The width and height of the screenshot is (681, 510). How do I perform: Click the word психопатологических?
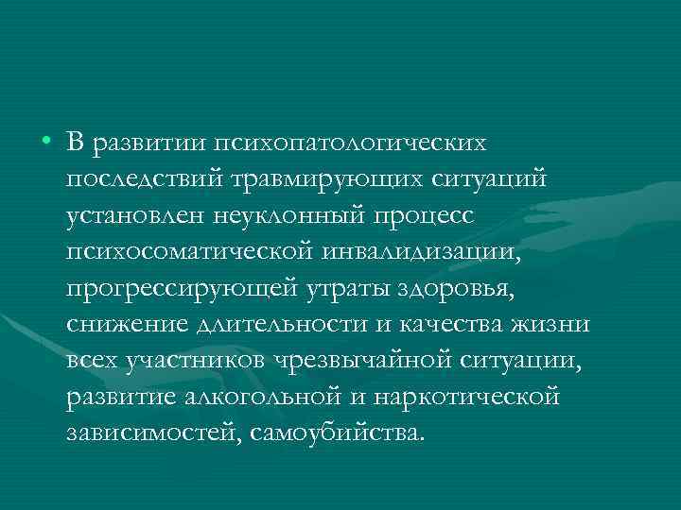point(352,144)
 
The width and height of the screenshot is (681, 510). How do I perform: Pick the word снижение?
point(120,325)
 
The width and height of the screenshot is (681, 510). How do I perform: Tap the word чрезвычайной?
point(358,361)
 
